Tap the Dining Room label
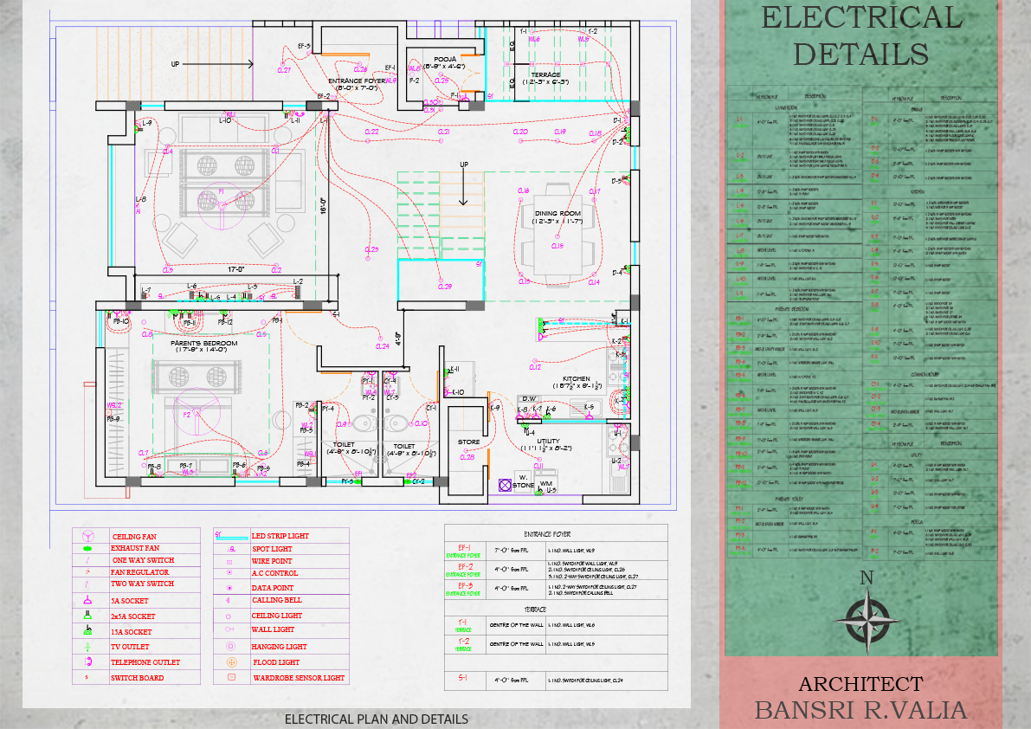(557, 213)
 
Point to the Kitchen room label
(577, 379)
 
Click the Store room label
(468, 442)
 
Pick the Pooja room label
(445, 60)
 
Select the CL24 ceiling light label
(382, 346)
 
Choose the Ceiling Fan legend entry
(133, 537)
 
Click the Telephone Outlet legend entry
(145, 662)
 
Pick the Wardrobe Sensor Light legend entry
(298, 678)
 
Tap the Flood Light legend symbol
(231, 662)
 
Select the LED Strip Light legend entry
(280, 536)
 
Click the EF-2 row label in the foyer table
(464, 568)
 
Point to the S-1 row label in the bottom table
(463, 679)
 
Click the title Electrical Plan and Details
(376, 719)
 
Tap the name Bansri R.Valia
(860, 710)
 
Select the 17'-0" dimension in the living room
(235, 269)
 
